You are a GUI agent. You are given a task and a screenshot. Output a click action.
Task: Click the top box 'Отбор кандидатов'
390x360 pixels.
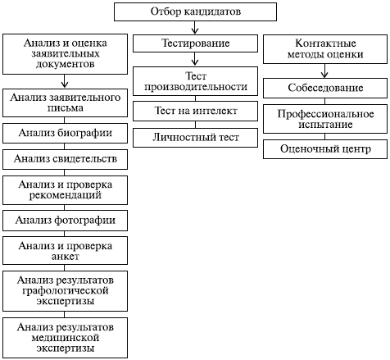click(195, 11)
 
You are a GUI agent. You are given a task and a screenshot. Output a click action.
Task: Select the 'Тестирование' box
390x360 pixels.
click(195, 43)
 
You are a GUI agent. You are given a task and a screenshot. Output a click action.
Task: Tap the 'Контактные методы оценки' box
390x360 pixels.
click(325, 49)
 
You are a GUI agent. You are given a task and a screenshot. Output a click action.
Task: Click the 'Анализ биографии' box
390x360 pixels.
click(65, 133)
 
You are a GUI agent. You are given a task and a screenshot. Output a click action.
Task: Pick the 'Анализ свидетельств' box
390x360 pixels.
click(65, 159)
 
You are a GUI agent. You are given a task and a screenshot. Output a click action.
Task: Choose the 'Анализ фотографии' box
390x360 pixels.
click(65, 221)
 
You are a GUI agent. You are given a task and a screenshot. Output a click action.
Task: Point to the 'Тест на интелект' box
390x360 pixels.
click(195, 111)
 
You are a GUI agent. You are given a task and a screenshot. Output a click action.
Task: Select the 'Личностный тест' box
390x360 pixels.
click(195, 138)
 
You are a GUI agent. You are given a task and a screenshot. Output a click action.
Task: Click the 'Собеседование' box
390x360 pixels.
click(325, 88)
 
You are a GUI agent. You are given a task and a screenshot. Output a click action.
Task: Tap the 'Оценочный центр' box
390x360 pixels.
click(325, 149)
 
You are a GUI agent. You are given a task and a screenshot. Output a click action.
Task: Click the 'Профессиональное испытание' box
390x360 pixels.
click(325, 119)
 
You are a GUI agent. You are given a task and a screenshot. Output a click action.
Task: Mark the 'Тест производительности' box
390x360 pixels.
click(195, 81)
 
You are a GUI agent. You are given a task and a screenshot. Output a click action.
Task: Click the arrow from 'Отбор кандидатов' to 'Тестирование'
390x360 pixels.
click(195, 28)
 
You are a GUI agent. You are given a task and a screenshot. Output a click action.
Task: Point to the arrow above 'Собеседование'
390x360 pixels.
click(324, 71)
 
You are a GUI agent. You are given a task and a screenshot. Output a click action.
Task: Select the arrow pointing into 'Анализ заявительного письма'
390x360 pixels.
click(65, 81)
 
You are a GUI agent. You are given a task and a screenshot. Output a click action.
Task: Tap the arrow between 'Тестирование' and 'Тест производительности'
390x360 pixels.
click(195, 59)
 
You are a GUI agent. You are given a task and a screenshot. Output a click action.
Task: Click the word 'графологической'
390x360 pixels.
click(66, 290)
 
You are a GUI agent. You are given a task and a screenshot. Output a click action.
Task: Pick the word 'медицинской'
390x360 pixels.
click(66, 338)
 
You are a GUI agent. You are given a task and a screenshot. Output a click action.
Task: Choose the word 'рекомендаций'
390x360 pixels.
click(66, 195)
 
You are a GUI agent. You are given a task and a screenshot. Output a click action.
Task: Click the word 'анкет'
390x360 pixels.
click(66, 257)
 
